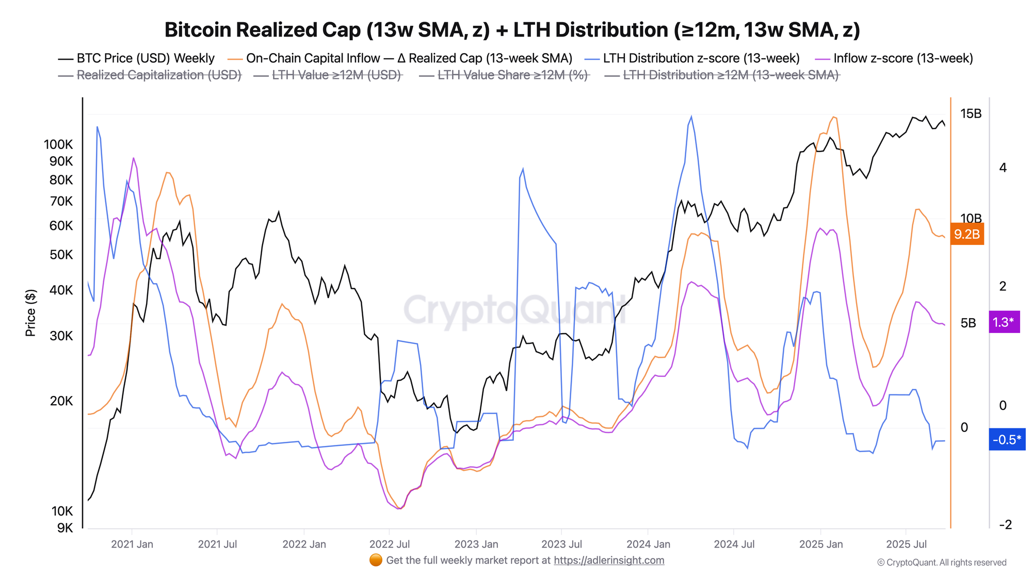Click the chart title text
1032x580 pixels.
pyautogui.click(x=512, y=30)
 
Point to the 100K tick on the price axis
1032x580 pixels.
pyautogui.click(x=58, y=144)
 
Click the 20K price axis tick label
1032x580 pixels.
pyautogui.click(x=61, y=401)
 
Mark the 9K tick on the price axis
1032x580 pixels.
pyautogui.click(x=64, y=528)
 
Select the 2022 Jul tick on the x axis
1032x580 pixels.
pyautogui.click(x=390, y=544)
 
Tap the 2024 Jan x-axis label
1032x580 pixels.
pyautogui.click(x=648, y=544)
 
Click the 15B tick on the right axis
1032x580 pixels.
pyautogui.click(x=971, y=113)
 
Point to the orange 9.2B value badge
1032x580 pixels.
pyautogui.click(x=966, y=234)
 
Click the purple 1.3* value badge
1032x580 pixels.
pyautogui.click(x=1004, y=322)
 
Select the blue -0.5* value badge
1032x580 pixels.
pyautogui.click(x=1006, y=440)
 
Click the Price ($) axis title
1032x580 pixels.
pyautogui.click(x=30, y=312)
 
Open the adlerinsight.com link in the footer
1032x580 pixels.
pyautogui.click(x=609, y=560)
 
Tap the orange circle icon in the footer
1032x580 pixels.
pyautogui.click(x=376, y=560)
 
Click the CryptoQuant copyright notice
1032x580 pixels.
pyautogui.click(x=942, y=562)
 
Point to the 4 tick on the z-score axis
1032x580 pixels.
pyautogui.click(x=1003, y=168)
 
